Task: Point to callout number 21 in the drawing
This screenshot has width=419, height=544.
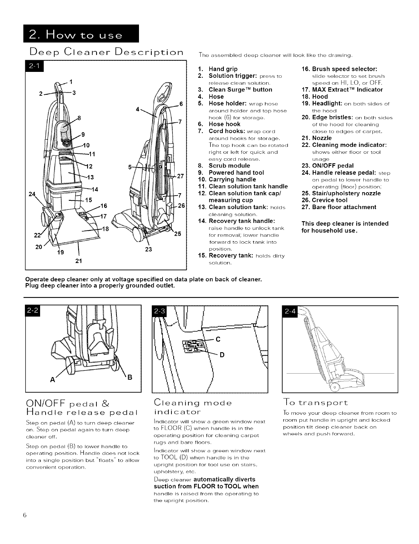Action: [78, 261]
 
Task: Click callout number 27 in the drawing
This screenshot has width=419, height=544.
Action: [180, 175]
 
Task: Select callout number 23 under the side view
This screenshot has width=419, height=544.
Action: [148, 249]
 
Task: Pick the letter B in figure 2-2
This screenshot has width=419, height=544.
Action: [130, 377]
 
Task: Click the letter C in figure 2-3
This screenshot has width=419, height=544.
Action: [218, 339]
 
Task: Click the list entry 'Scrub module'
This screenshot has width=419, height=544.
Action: [229, 166]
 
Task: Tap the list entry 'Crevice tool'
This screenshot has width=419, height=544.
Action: [329, 200]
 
